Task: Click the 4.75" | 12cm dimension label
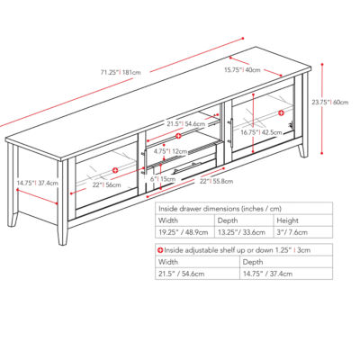tap(170, 151)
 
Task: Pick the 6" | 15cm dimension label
tap(165, 178)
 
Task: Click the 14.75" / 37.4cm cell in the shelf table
tap(267, 273)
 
